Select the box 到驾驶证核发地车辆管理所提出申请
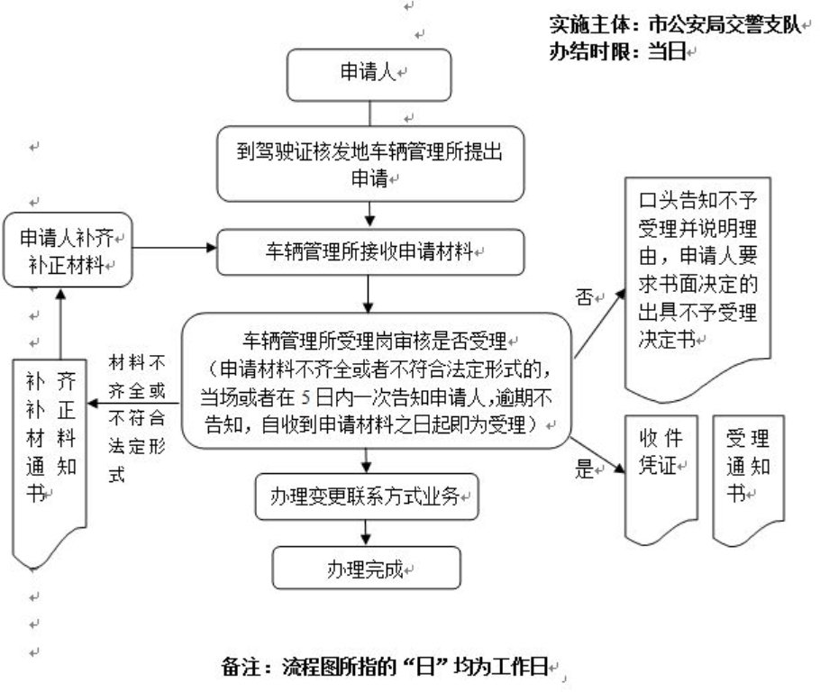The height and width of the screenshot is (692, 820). coord(370,164)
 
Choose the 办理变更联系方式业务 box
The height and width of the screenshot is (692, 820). coord(366,496)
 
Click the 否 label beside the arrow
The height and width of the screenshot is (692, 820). coord(583,297)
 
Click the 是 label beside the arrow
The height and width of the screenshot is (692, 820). coord(584,469)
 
